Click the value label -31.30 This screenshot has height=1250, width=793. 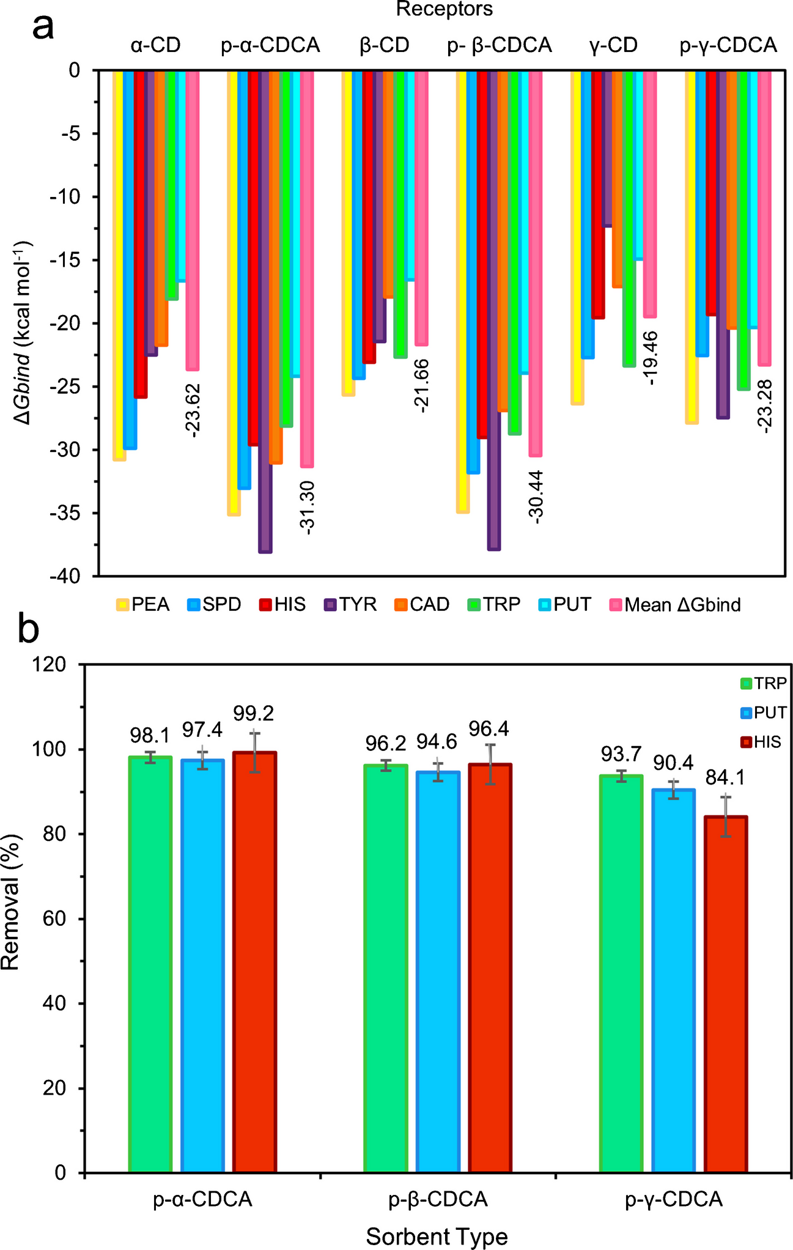pyautogui.click(x=307, y=507)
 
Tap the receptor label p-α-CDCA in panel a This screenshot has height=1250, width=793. pyautogui.click(x=270, y=45)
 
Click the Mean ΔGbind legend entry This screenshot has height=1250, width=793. pyautogui.click(x=675, y=605)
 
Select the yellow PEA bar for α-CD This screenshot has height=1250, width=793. pyautogui.click(x=119, y=263)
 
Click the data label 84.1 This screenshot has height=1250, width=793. pyautogui.click(x=725, y=778)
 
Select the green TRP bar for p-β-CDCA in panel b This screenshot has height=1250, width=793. pyautogui.click(x=385, y=972)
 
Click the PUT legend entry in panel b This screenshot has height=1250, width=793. pyautogui.click(x=762, y=712)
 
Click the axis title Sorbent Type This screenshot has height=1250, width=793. pyautogui.click(x=437, y=1236)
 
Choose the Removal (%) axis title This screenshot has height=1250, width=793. pyautogui.click(x=11, y=902)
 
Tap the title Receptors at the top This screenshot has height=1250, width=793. pyautogui.click(x=444, y=9)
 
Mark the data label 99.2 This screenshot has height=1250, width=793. pyautogui.click(x=253, y=713)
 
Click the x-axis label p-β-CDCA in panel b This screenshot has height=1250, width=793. pyautogui.click(x=438, y=1199)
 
